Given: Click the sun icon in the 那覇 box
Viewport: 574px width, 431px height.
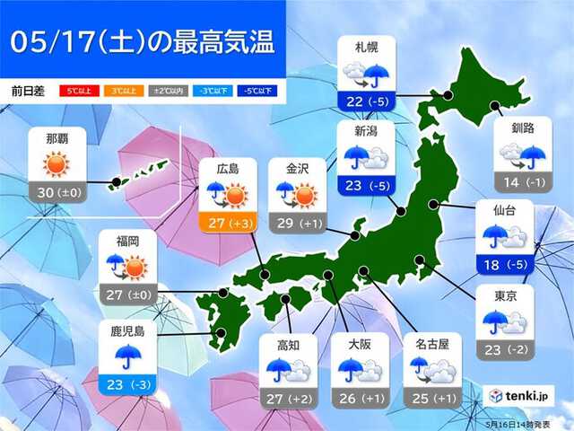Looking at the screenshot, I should tap(56, 163).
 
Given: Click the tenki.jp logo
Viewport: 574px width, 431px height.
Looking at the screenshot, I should tap(519, 394).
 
